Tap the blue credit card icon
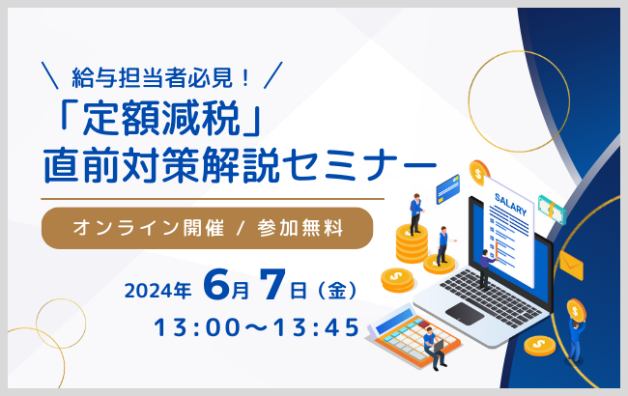pyautogui.click(x=447, y=185)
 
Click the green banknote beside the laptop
pyautogui.click(x=552, y=209)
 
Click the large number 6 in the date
pyautogui.click(x=214, y=287)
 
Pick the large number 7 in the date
pyautogui.click(x=274, y=287)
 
